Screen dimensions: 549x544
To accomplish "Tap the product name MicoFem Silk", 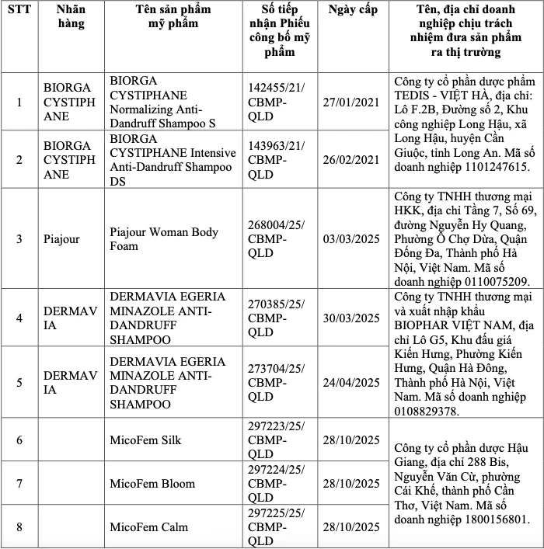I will coord(145,440).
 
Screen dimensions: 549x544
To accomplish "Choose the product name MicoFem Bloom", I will coord(152,484).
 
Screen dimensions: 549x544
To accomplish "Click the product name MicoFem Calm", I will coord(148,527).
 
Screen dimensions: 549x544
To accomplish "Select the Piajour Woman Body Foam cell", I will coord(163,239).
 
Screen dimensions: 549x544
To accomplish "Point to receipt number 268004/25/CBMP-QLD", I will coord(276,239).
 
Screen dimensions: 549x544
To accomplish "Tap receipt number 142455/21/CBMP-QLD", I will coord(276,102).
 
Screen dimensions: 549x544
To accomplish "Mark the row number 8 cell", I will coord(19,527).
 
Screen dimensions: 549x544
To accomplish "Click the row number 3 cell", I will coord(19,239).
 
